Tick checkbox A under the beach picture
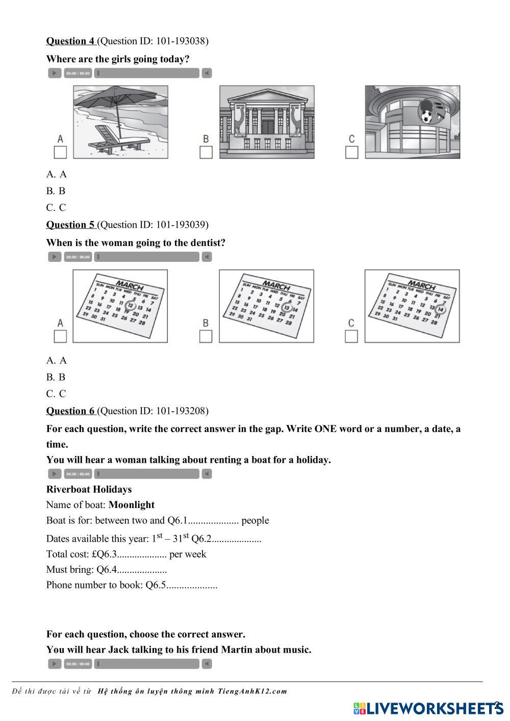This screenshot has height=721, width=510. click(60, 152)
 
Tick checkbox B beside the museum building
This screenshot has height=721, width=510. click(206, 152)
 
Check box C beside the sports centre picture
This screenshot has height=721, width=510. click(352, 152)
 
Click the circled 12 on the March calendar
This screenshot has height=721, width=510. click(131, 306)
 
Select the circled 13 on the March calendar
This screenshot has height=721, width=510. click(287, 308)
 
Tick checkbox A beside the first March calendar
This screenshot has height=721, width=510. click(60, 336)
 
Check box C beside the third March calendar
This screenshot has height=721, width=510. click(351, 336)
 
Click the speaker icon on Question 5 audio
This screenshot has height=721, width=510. click(207, 257)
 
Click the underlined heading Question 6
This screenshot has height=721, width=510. click(70, 411)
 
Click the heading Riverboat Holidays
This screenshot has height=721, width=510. click(89, 490)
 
